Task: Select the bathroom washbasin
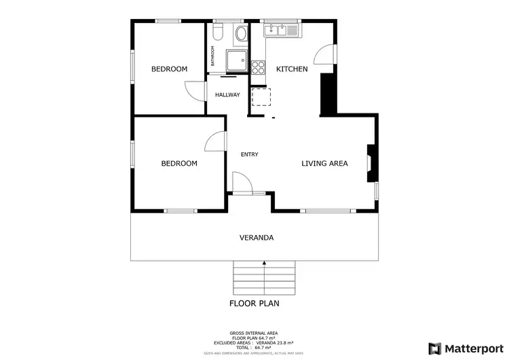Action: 240,35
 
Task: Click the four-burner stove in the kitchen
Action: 259,67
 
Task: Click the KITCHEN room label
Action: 292,69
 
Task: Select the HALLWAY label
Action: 227,94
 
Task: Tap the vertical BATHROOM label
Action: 212,56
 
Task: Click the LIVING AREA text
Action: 324,163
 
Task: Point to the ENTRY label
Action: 249,155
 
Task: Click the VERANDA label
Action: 257,238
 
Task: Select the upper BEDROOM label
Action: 169,69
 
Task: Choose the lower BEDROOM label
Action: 178,163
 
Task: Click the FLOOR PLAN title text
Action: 254,304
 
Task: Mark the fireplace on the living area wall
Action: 371,162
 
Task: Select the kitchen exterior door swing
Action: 326,56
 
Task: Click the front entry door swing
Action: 241,183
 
